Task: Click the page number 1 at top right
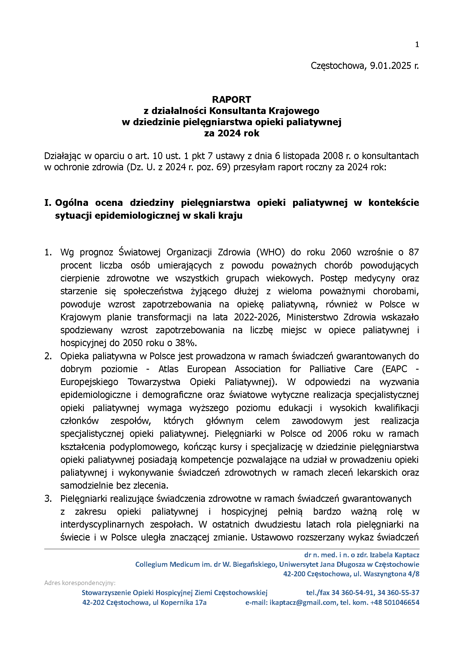(x=417, y=45)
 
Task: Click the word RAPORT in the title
(x=231, y=100)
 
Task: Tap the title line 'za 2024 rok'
(x=231, y=133)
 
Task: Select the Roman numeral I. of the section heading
(x=48, y=203)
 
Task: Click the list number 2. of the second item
(x=48, y=356)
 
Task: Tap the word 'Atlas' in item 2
(x=168, y=369)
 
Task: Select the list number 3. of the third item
(x=48, y=498)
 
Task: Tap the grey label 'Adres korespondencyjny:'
(x=80, y=583)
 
